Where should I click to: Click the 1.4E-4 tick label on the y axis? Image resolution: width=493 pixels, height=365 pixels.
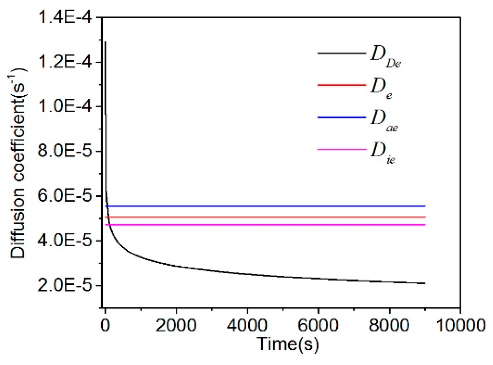65,17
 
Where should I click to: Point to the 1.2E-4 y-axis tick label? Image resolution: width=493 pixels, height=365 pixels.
65,62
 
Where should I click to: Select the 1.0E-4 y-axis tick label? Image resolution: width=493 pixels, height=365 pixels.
65,107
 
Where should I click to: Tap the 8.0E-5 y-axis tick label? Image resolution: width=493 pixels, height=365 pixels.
65,151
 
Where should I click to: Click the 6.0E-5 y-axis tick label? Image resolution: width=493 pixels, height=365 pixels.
65,196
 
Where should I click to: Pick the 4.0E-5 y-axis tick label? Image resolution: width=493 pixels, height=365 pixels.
65,240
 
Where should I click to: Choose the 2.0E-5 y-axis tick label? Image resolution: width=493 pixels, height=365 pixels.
65,285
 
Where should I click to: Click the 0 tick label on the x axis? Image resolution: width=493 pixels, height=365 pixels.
105,325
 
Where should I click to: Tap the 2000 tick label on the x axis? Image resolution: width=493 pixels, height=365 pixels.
176,325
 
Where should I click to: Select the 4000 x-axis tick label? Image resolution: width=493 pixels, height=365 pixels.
247,325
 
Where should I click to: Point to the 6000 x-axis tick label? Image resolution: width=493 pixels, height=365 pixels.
318,325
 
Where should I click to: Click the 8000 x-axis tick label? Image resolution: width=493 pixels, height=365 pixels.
389,325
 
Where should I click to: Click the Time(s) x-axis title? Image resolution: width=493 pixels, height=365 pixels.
288,344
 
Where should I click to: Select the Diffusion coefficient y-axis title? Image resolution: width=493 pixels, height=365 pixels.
19,163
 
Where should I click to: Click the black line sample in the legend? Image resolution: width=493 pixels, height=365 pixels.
342,53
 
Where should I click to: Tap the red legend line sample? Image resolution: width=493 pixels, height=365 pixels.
342,85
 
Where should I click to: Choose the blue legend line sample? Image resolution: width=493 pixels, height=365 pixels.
342,117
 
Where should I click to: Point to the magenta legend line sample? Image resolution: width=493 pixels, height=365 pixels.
342,149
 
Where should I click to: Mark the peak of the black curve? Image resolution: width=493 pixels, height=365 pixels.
106,42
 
